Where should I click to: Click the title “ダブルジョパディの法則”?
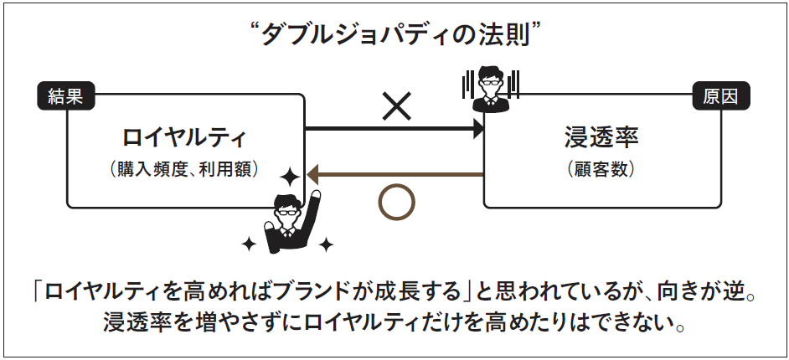[x=394, y=34]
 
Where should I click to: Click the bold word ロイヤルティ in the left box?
[x=184, y=137]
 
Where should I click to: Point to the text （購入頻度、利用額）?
[x=184, y=168]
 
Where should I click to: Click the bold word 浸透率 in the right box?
[x=601, y=137]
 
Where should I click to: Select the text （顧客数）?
[x=601, y=168]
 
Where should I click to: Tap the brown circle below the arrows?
[x=396, y=203]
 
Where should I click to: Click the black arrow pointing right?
[x=394, y=129]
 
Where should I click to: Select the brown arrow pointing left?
[x=394, y=174]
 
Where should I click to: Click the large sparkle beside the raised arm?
[x=290, y=177]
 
